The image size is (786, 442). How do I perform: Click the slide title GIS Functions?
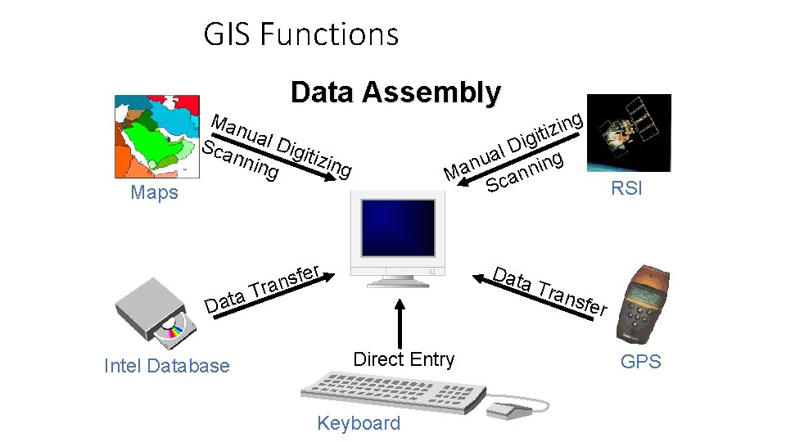[300, 34]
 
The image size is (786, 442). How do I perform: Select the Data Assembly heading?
[395, 92]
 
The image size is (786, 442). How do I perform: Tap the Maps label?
[154, 193]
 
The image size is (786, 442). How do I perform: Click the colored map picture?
[156, 135]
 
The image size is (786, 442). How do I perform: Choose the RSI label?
[627, 188]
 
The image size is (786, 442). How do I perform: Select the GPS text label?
[640, 362]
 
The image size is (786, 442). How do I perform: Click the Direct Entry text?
[403, 359]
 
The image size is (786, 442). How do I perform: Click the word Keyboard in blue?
[359, 423]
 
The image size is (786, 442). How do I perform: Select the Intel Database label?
[167, 366]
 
